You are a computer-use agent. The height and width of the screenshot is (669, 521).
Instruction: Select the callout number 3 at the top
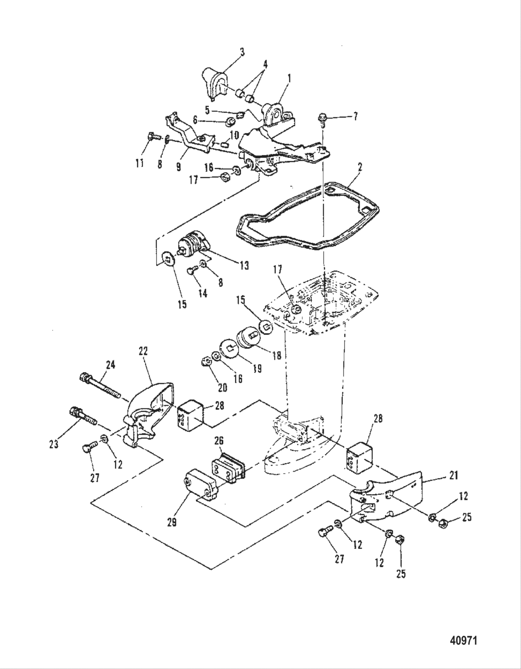[242, 51]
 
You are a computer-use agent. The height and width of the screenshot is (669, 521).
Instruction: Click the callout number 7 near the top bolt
[355, 116]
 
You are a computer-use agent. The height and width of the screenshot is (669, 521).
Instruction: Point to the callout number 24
[110, 365]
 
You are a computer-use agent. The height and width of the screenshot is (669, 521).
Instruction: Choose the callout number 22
[143, 351]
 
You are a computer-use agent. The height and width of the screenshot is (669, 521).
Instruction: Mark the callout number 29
[172, 522]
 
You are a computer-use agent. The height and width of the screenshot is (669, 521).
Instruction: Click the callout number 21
[454, 475]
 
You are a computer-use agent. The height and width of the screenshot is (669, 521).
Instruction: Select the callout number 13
[244, 265]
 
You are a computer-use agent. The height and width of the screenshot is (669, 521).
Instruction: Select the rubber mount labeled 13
[192, 245]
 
